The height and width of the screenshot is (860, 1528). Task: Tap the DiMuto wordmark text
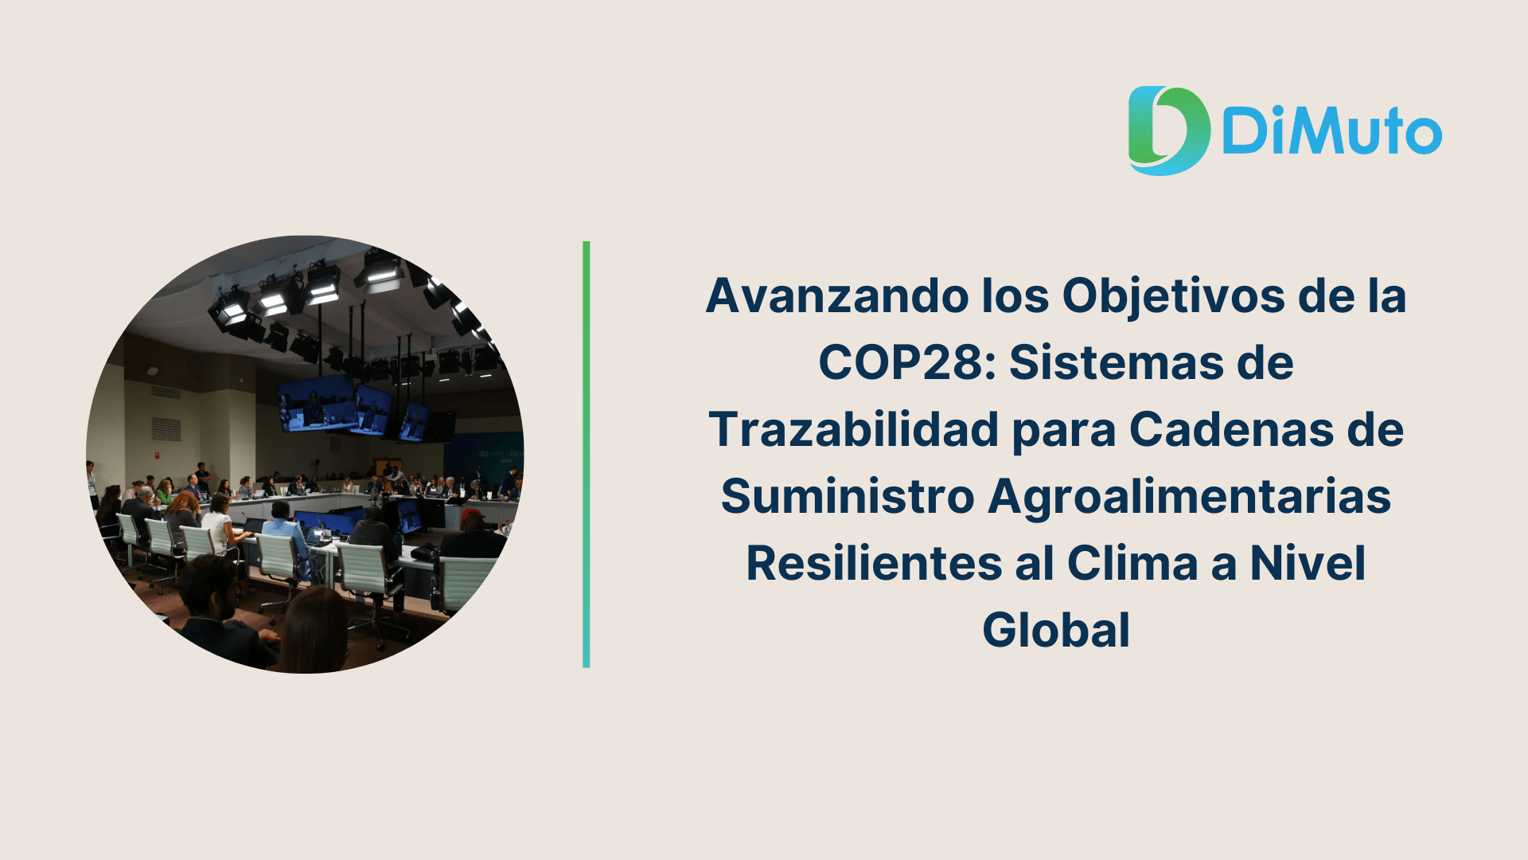coord(1331,131)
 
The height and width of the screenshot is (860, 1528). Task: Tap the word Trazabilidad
coord(854,430)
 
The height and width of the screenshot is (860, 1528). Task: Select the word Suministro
coord(848,497)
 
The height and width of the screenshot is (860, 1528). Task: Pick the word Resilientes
coord(874,564)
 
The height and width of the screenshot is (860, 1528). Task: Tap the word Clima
coord(1132,564)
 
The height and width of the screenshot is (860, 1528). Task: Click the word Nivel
coord(1308,564)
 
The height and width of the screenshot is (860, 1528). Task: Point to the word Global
coord(1056,631)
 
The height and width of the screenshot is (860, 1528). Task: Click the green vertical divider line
coord(587,454)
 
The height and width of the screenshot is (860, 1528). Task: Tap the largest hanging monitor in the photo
coord(317,403)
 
